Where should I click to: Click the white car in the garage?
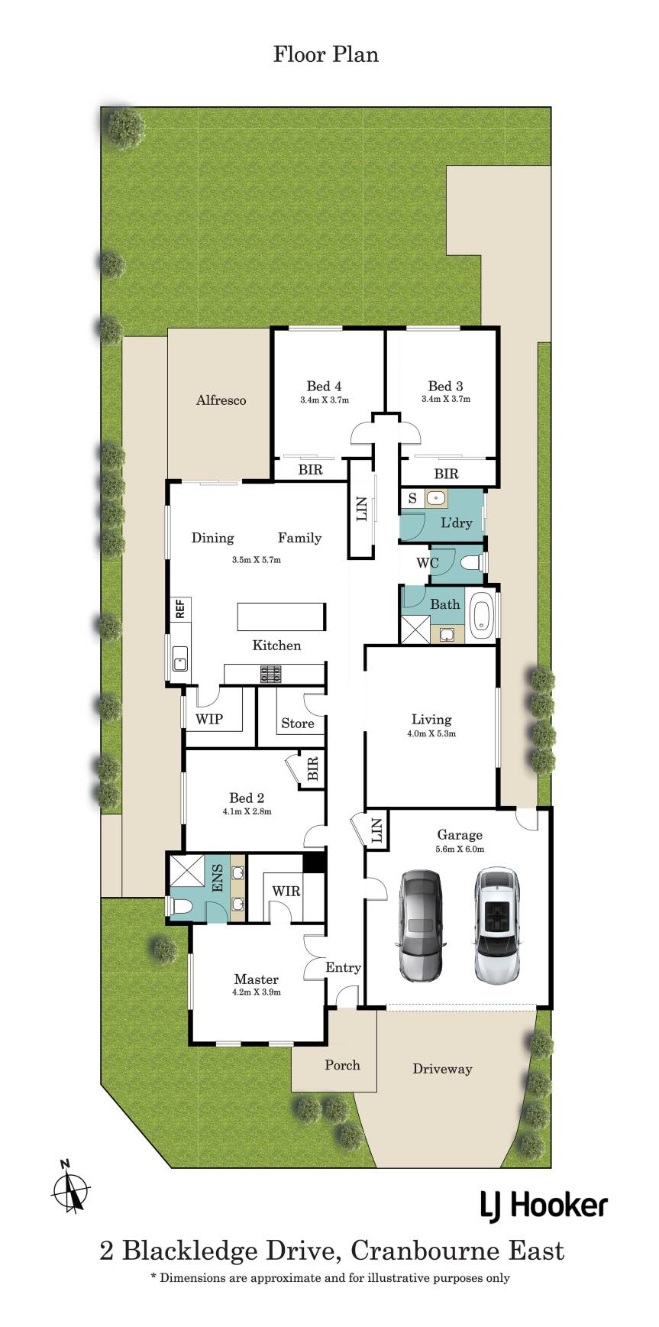coord(497,925)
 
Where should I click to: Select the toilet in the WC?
coord(473,563)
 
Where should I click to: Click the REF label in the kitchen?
coord(181,609)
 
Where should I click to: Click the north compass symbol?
coord(71,1189)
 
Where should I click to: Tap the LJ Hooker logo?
coord(544,1206)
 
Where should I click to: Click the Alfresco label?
coord(221,400)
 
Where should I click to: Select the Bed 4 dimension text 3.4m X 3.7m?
coord(325,400)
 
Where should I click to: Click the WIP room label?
coord(209,719)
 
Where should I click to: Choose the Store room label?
coord(297,723)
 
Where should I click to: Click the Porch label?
coord(342,1064)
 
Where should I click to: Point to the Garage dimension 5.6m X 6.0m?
coord(460,849)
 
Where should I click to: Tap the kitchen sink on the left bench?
coord(180,658)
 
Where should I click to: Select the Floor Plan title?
coord(326,54)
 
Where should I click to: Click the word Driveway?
coord(442,1069)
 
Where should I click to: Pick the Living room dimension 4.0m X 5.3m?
coord(431,733)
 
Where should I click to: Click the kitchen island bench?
coord(282,615)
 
